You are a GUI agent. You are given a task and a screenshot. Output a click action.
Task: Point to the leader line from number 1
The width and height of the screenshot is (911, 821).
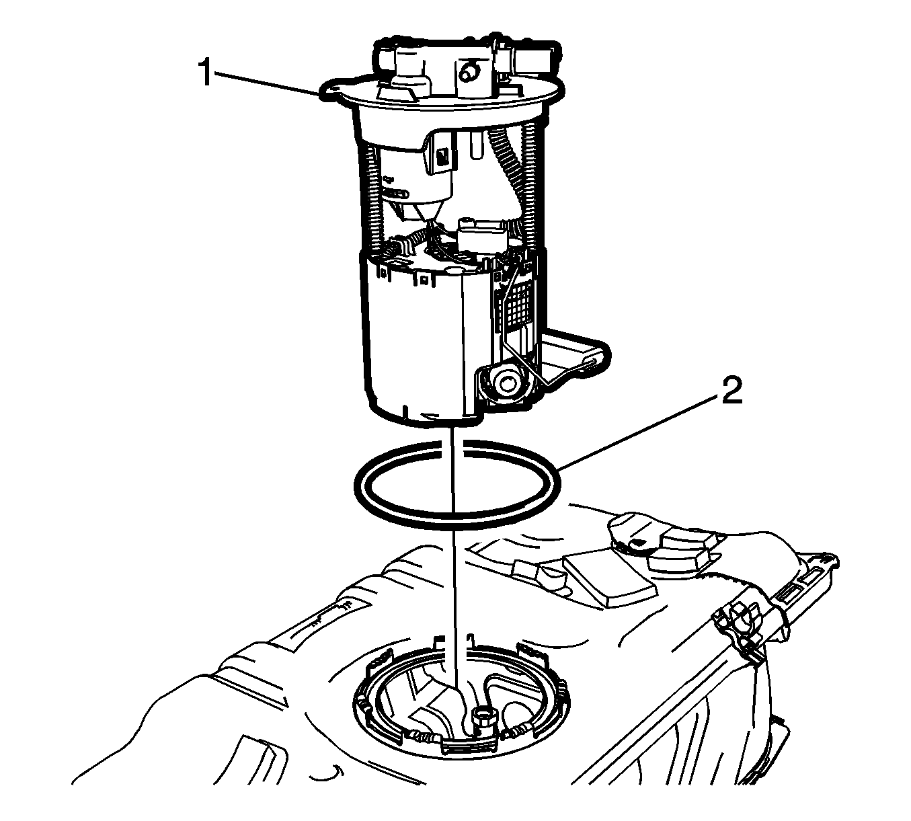(x=269, y=83)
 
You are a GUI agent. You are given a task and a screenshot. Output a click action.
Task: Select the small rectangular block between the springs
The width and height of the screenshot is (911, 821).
(x=481, y=236)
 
